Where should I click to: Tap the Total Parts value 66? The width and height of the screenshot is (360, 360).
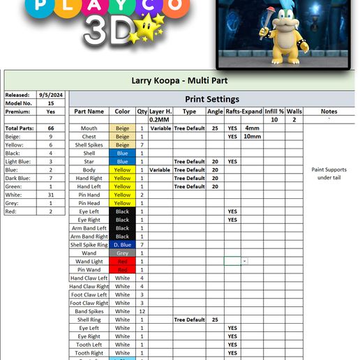click(51, 128)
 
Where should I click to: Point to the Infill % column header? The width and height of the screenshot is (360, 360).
click(274, 111)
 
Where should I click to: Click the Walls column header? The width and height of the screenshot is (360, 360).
click(294, 111)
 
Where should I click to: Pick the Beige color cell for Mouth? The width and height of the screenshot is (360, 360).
click(122, 128)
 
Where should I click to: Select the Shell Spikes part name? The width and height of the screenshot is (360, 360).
click(89, 145)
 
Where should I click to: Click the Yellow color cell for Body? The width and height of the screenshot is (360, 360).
click(122, 170)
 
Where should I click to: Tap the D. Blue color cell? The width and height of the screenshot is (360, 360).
click(122, 245)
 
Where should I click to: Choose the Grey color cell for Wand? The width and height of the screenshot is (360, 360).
click(122, 253)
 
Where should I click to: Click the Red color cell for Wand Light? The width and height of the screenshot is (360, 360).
click(122, 262)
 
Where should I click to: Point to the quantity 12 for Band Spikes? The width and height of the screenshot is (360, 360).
click(142, 311)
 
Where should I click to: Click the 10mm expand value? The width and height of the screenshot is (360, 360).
click(253, 137)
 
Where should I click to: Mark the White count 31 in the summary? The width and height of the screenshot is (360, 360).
click(51, 195)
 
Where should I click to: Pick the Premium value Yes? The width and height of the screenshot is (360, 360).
click(51, 112)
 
